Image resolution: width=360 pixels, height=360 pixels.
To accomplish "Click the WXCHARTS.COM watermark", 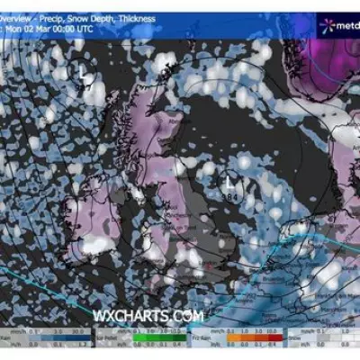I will (148, 315).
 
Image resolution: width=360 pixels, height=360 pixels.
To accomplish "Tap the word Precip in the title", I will (57, 18).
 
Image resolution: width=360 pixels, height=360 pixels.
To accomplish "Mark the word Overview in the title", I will (20, 18).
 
